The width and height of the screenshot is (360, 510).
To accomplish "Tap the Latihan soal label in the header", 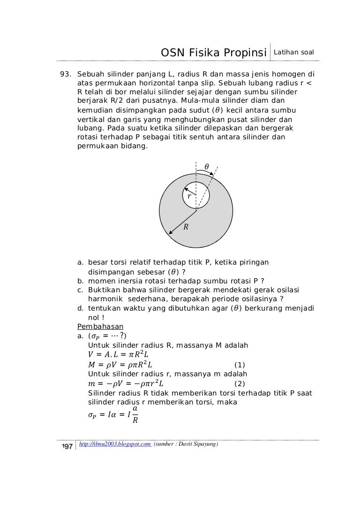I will click(x=293, y=51).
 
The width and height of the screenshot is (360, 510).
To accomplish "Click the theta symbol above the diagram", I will click(x=207, y=166).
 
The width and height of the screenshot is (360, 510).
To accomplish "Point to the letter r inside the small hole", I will click(x=189, y=197).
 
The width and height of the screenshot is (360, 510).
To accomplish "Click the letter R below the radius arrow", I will click(x=186, y=228).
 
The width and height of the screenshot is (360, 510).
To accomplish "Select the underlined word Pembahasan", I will click(x=96, y=326).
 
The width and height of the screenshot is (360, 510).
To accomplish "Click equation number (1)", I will click(x=239, y=365).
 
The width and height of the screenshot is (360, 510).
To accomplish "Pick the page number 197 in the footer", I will click(x=64, y=445).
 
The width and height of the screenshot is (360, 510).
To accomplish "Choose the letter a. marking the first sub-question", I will click(x=80, y=262).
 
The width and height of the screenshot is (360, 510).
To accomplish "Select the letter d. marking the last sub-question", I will click(x=80, y=308).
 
